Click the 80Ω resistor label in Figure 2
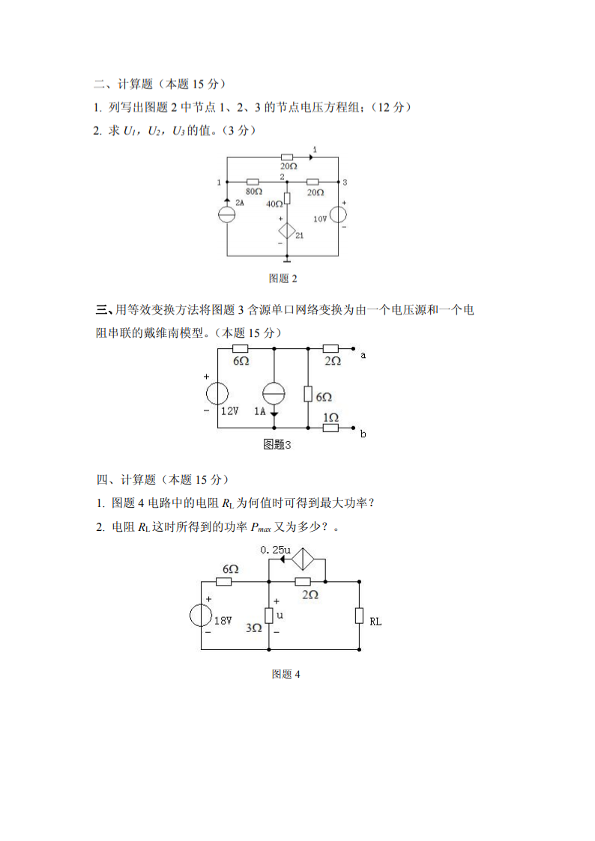[x=253, y=192]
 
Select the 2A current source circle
[x=226, y=213]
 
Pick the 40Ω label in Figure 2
[x=274, y=203]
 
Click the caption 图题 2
[x=283, y=279]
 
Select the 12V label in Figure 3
[x=229, y=410]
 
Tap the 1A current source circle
[x=274, y=393]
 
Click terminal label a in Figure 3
[x=363, y=355]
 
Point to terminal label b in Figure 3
[x=363, y=434]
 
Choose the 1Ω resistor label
[x=330, y=417]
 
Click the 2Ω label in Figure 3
[x=332, y=361]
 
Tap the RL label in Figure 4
[x=375, y=620]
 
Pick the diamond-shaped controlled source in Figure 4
[x=306, y=561]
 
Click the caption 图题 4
[x=286, y=674]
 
